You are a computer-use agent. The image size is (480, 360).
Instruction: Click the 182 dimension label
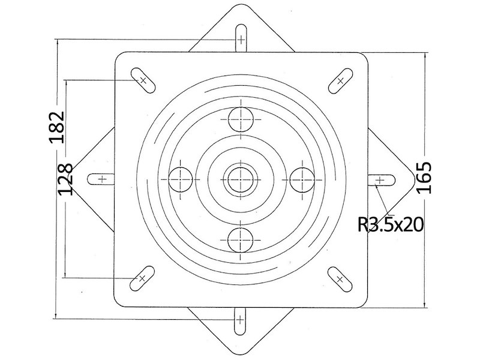(57, 127)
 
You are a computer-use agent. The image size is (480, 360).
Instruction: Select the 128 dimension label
(65, 179)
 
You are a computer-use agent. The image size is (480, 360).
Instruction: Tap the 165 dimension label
(424, 178)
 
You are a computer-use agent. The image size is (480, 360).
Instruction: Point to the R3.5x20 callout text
(391, 225)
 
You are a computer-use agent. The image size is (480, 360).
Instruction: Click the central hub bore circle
(241, 179)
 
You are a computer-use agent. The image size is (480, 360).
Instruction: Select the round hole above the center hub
(241, 119)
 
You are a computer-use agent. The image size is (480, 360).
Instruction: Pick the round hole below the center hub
(241, 240)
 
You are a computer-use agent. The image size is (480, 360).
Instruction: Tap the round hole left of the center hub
(181, 179)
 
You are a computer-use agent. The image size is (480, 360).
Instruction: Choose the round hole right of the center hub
(302, 179)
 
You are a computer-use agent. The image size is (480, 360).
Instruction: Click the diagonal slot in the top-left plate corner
(143, 80)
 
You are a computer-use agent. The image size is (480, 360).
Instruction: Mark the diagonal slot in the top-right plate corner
(340, 81)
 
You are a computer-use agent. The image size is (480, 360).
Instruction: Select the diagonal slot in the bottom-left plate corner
(142, 278)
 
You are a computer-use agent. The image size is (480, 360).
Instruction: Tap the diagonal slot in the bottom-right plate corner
(340, 279)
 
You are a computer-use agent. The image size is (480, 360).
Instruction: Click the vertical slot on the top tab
(241, 38)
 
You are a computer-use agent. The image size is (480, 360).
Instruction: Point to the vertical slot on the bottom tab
(240, 321)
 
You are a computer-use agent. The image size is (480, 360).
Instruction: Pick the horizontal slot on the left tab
(101, 179)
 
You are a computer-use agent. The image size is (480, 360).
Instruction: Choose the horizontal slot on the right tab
(381, 180)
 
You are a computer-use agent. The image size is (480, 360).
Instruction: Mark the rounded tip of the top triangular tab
(241, 5)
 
